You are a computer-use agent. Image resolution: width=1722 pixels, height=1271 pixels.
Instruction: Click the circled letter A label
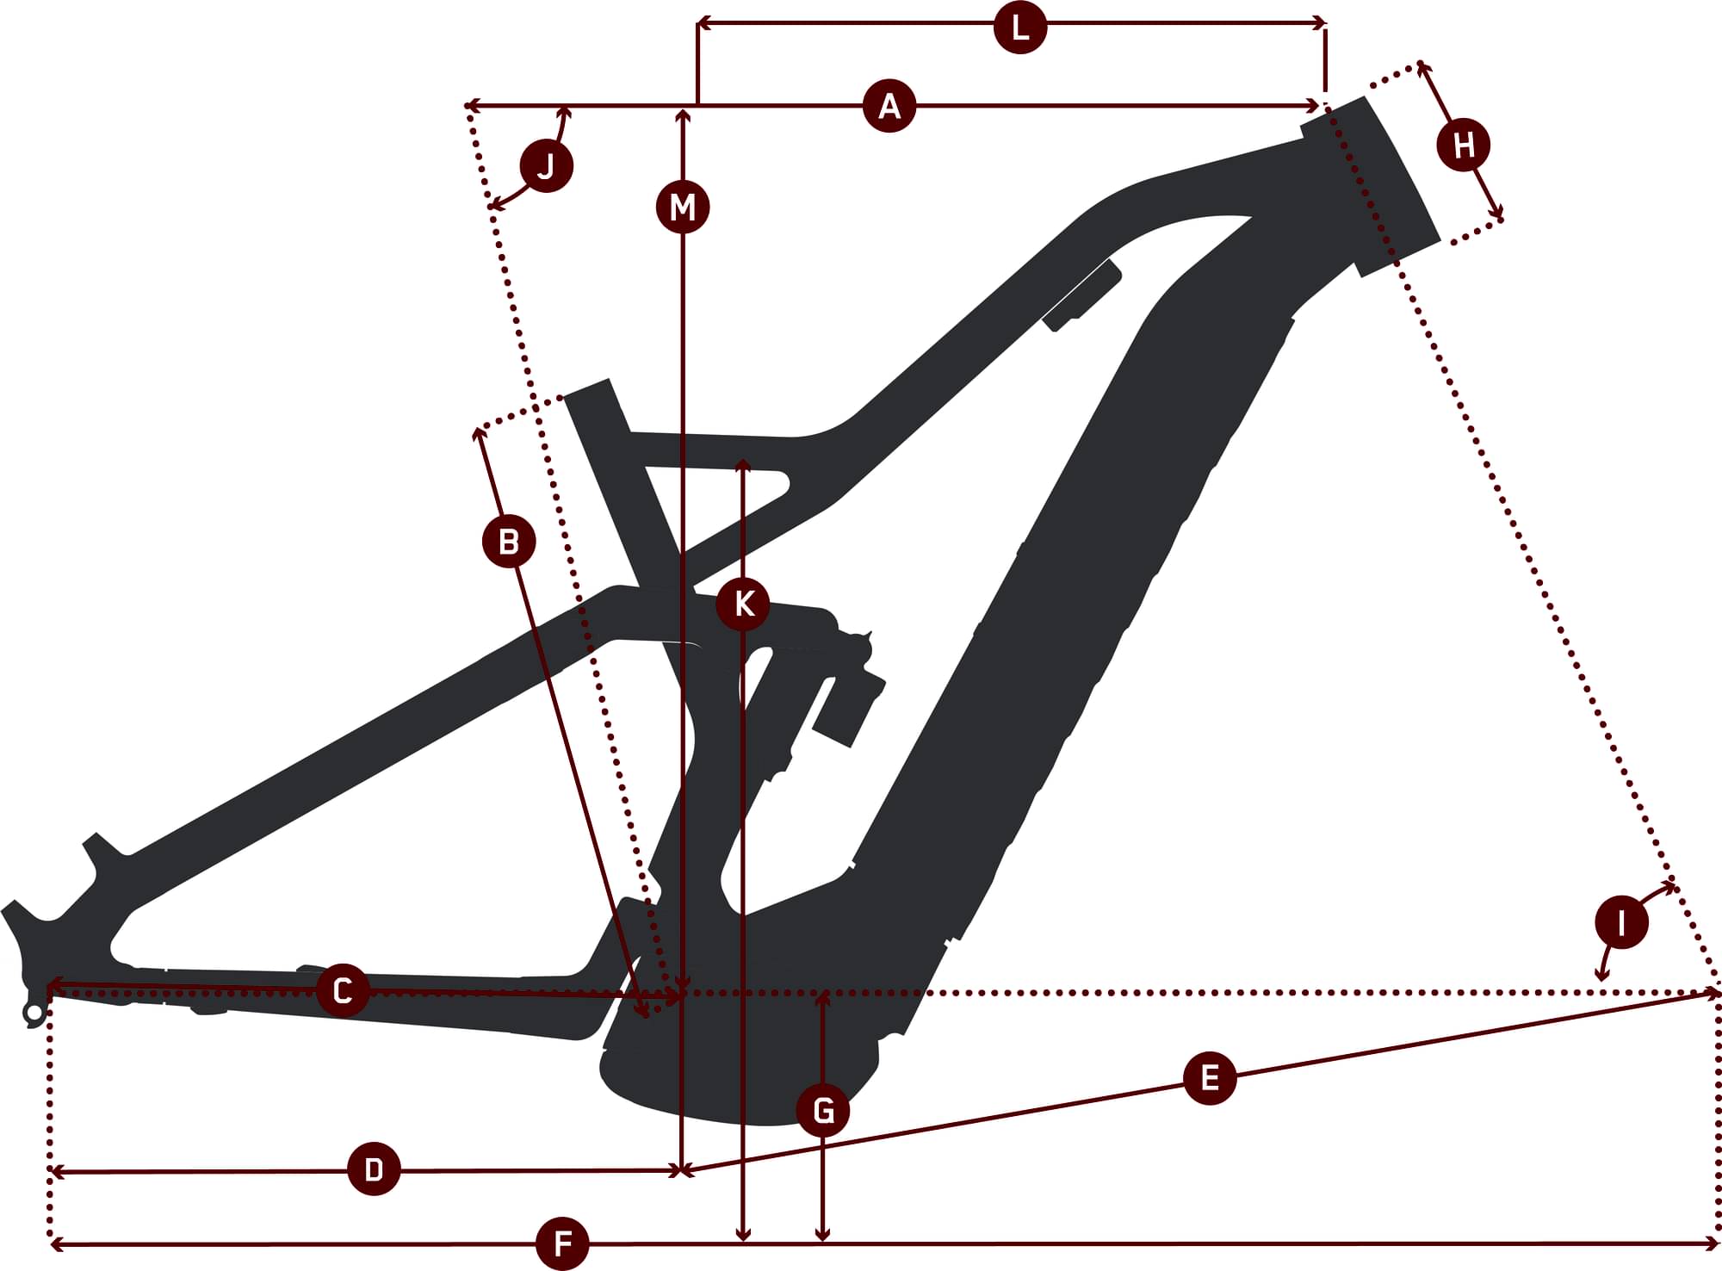tap(889, 106)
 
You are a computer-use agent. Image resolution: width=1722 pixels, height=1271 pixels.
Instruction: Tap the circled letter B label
tap(509, 542)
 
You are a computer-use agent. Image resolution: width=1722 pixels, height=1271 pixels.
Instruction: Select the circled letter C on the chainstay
tap(343, 990)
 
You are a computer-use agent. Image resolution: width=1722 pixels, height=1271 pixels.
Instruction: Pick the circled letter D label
tap(374, 1169)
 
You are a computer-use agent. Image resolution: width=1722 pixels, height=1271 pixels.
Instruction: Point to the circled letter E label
tap(1210, 1077)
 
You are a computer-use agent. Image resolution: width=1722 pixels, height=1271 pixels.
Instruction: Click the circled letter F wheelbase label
tap(562, 1243)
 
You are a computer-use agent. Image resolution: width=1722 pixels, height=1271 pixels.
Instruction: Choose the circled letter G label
tap(824, 1110)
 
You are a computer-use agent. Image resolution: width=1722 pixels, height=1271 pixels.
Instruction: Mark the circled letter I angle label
tap(1622, 923)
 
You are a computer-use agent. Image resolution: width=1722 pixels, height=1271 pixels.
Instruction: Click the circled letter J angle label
tap(547, 165)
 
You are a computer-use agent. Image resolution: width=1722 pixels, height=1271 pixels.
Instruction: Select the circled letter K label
tap(743, 604)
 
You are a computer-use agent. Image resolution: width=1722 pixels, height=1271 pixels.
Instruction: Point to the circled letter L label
tap(1020, 28)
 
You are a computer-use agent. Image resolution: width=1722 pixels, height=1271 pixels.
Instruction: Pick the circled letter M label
tap(683, 207)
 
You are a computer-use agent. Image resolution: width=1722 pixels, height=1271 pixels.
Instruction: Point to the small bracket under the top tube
tap(1081, 294)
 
